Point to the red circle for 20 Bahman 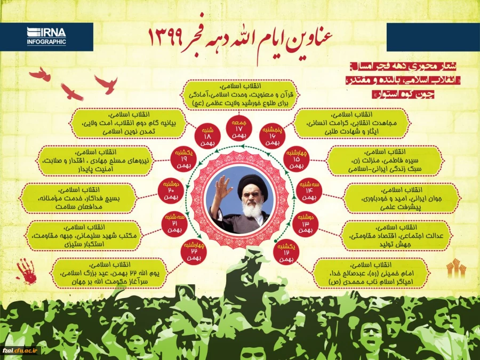click(170, 188)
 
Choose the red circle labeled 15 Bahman click(297, 158)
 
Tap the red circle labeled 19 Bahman click(182, 158)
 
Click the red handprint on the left click(27, 271)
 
